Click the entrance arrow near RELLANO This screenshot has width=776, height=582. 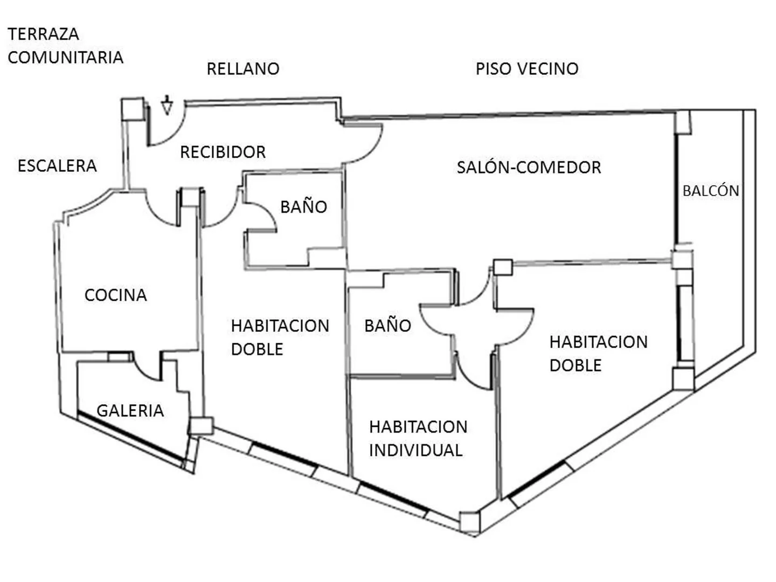tap(167, 105)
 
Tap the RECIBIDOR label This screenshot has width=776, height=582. tap(223, 152)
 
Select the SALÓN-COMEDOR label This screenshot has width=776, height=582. tap(529, 167)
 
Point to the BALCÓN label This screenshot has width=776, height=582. tap(711, 190)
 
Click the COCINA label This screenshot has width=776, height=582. tap(116, 295)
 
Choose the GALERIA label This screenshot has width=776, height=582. tap(130, 411)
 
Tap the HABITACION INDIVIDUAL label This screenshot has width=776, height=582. tap(418, 439)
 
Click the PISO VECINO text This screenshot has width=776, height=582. tap(526, 68)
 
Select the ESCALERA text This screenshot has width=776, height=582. tap(57, 166)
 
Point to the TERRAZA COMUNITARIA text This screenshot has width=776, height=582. tap(65, 46)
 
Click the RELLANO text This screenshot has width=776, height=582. tap(243, 68)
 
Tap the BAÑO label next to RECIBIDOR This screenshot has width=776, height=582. tap(303, 207)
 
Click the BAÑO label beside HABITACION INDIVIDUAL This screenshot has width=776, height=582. tap(387, 325)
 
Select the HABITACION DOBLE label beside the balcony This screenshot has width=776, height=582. tap(599, 354)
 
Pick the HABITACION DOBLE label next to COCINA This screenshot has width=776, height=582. tap(280, 337)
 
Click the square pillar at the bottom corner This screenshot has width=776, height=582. tap(470, 522)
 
